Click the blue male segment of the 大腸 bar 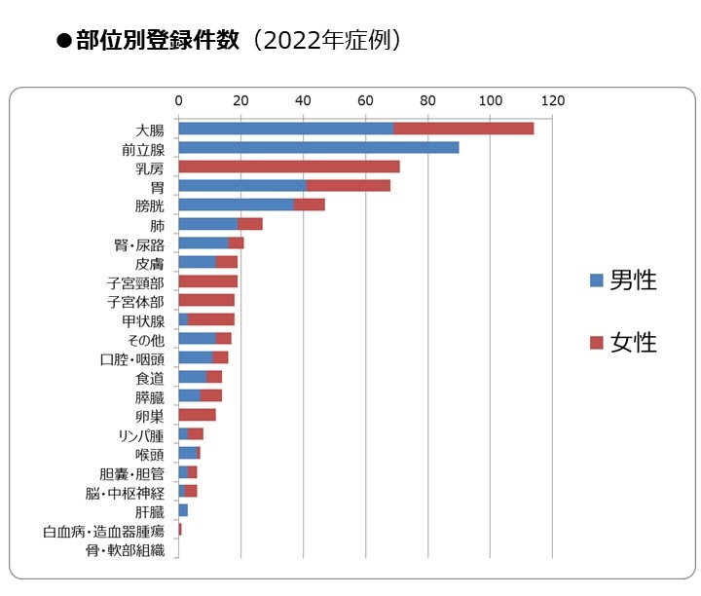click(285, 129)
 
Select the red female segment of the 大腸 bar click(463, 129)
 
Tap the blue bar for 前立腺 click(318, 148)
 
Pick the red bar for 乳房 click(289, 167)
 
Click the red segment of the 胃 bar click(348, 186)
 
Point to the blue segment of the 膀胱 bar click(236, 205)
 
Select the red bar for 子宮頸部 click(207, 281)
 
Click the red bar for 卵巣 click(197, 415)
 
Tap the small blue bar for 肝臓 click(183, 510)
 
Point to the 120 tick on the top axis click(553, 100)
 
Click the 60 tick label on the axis click(366, 100)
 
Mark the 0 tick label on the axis click(179, 100)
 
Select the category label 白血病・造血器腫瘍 click(103, 531)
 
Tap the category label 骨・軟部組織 click(125, 550)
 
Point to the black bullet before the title click(64, 42)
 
